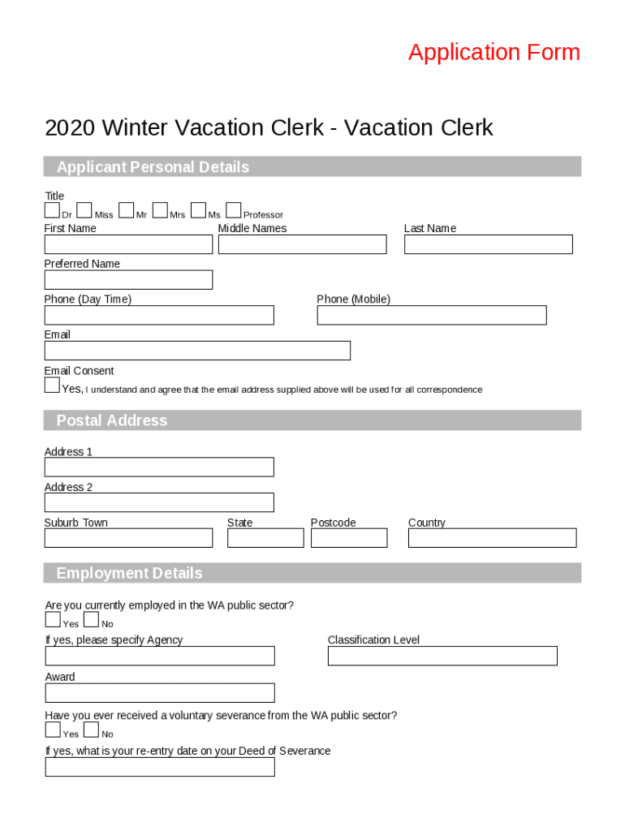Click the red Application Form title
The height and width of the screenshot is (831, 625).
coord(494,53)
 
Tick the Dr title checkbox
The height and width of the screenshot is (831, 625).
coord(52,211)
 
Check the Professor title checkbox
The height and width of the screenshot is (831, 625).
coord(234,211)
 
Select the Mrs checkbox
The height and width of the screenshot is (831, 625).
coord(160,211)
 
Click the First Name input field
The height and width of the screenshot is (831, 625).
coord(128,244)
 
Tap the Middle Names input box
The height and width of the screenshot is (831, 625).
coord(302,244)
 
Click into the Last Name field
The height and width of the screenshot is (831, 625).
coord(488,244)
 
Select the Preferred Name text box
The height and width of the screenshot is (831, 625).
coord(128,280)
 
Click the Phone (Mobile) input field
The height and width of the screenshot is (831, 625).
coord(431,315)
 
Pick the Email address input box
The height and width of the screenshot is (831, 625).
coord(197,351)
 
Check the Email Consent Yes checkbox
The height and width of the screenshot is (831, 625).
coord(52,385)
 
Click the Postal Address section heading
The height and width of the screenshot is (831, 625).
coord(111,420)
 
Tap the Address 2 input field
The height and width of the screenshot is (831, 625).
coord(159,502)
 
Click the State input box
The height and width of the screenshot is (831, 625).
coord(265,538)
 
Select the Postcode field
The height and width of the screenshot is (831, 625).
coord(349,538)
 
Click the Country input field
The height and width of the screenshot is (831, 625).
coord(492,538)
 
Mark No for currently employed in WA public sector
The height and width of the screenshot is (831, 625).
coord(91,621)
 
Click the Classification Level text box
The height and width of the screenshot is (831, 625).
coord(442,656)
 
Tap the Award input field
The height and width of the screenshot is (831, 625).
coord(160,693)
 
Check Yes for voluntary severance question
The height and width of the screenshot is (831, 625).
coord(53,730)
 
